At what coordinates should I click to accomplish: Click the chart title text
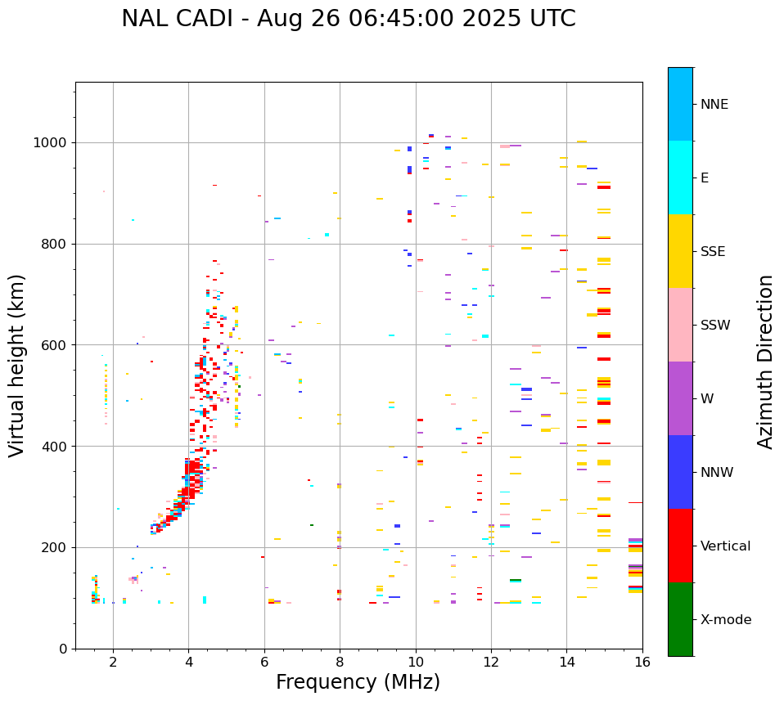[x=348, y=19]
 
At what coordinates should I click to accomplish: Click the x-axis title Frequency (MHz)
[x=358, y=682]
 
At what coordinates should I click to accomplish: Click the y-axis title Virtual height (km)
[x=17, y=365]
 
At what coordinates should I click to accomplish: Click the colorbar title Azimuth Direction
[x=765, y=362]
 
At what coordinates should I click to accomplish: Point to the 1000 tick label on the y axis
[x=52, y=143]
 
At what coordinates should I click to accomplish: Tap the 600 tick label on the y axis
[x=56, y=345]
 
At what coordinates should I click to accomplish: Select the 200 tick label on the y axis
[x=56, y=547]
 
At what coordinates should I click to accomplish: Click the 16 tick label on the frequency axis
[x=642, y=663]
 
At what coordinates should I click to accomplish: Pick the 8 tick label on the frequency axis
[x=340, y=663]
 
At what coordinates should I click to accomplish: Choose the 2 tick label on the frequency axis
[x=113, y=663]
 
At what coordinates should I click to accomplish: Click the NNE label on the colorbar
[x=714, y=105]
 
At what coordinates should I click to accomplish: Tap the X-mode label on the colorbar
[x=726, y=620]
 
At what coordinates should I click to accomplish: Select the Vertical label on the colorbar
[x=726, y=546]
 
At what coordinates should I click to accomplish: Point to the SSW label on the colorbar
[x=715, y=326]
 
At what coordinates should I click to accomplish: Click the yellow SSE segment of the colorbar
[x=680, y=251]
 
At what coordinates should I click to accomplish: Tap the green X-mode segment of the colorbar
[x=680, y=619]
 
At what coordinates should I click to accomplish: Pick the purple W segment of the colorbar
[x=680, y=398]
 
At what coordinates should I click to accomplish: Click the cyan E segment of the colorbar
[x=680, y=177]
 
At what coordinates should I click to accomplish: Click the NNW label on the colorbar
[x=717, y=473]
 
